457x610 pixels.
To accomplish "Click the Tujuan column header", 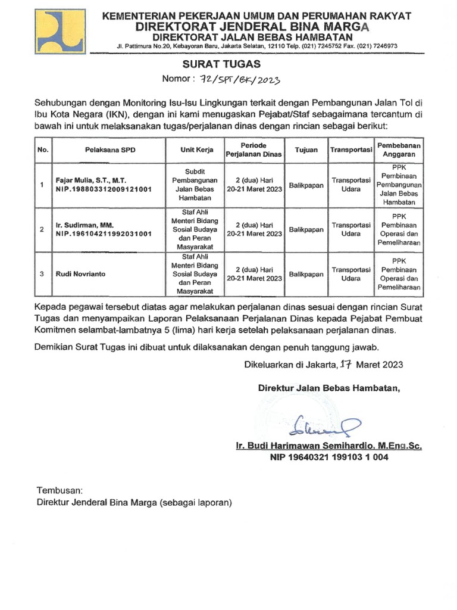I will point(306,150).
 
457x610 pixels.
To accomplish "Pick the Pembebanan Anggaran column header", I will point(399,150).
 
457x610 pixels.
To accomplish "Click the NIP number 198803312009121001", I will point(104,189).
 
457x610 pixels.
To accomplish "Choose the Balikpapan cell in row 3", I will point(306,274).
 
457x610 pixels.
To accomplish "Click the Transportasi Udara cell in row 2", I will point(351,229).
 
